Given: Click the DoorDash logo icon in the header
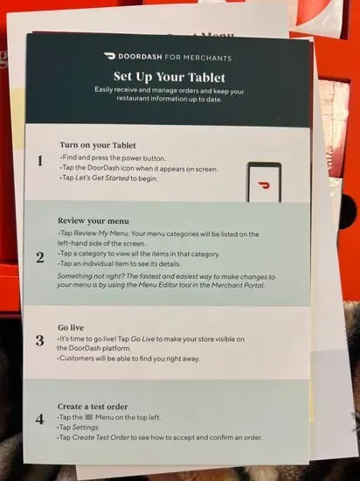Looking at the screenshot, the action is tap(109, 56).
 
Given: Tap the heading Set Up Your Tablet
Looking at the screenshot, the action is tap(170, 77).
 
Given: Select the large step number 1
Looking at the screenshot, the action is tap(40, 161).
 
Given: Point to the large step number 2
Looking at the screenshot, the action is tap(40, 258).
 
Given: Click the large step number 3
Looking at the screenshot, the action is tap(39, 340).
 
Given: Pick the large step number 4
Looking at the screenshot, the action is tap(39, 419).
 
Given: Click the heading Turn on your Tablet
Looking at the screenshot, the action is tap(98, 145).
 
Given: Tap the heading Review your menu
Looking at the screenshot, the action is tap(93, 221).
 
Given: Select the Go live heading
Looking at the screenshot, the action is tap(71, 328).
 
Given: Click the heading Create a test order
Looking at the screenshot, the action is tap(93, 407).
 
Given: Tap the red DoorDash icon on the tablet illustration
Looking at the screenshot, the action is tap(264, 185).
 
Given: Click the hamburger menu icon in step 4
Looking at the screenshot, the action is tap(89, 417).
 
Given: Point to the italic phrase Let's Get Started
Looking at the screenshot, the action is tap(102, 178).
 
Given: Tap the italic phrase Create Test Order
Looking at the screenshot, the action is tap(100, 437).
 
